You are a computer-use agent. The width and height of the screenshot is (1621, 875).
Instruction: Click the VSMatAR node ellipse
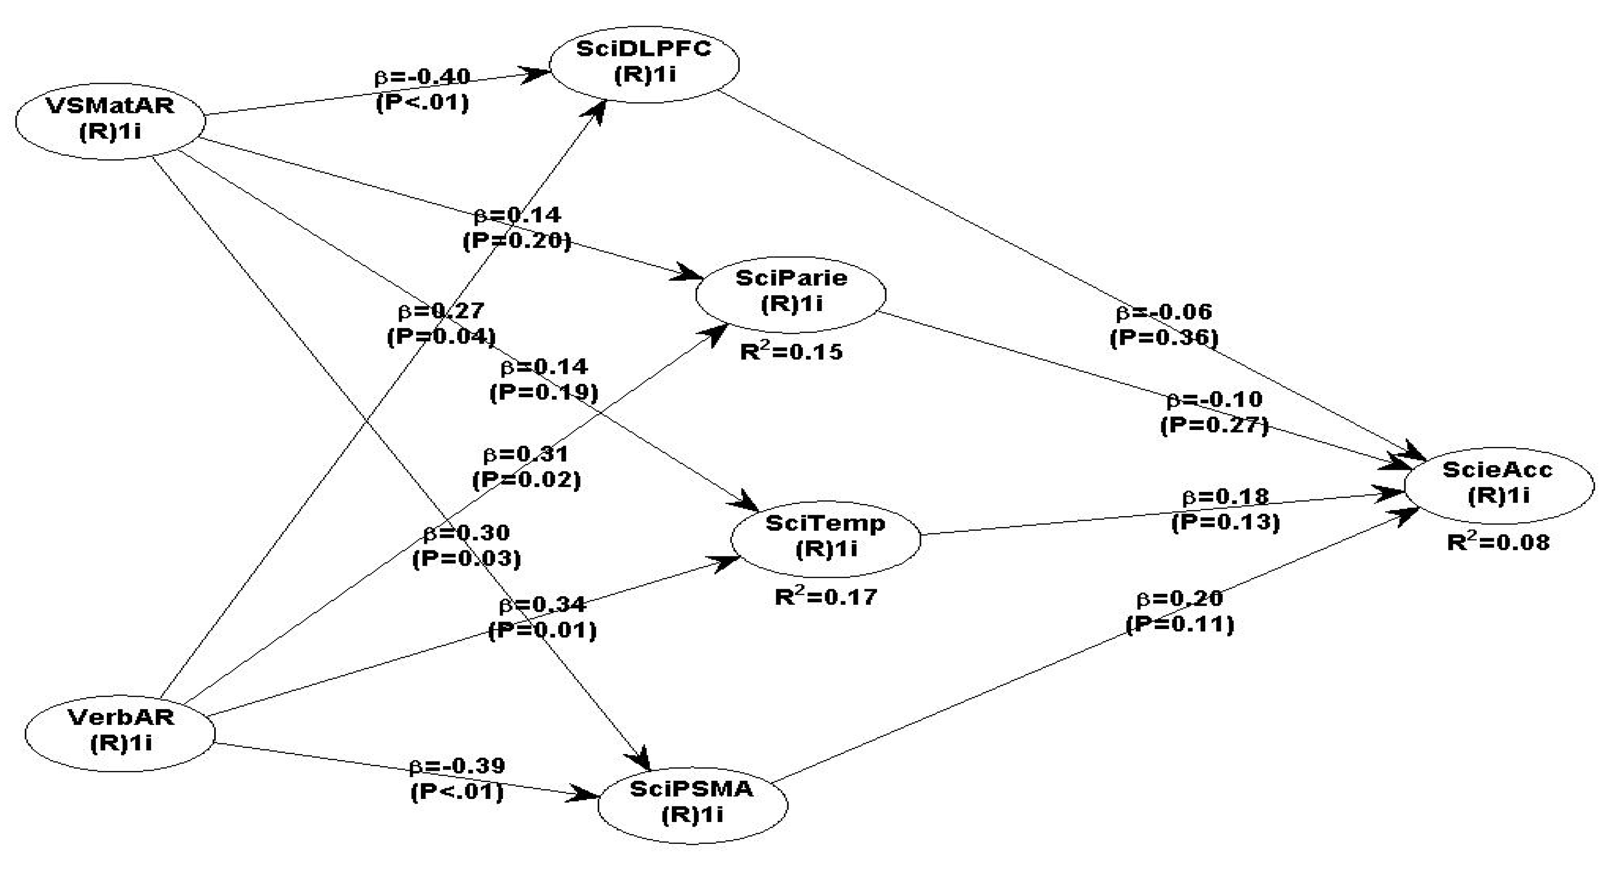tap(110, 119)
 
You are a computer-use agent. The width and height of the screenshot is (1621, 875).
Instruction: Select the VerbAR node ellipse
tap(120, 730)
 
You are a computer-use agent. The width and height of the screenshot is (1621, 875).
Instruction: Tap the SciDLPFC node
tap(644, 62)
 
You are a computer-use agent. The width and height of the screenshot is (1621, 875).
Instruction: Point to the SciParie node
tap(791, 292)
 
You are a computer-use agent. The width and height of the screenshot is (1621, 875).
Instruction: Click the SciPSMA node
tap(692, 802)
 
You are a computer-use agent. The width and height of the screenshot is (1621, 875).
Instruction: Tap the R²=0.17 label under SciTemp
tap(825, 596)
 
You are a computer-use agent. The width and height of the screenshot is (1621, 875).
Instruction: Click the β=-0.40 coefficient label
tap(422, 77)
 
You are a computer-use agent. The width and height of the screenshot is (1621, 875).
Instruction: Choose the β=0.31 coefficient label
tap(526, 454)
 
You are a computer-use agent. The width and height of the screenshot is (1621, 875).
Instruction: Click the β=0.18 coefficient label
tap(1226, 497)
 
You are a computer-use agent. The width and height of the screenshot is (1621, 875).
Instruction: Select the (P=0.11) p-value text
tap(1180, 624)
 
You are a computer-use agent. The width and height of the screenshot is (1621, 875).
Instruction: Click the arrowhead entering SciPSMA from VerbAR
tap(585, 795)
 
